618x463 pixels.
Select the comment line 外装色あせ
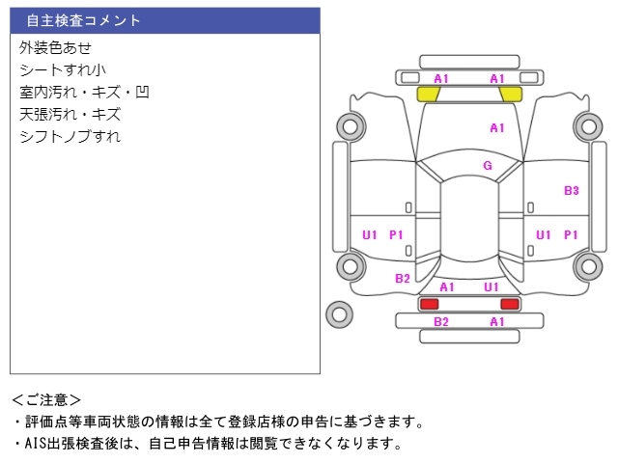(55, 47)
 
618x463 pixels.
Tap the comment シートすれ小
(63, 69)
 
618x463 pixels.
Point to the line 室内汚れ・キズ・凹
(84, 93)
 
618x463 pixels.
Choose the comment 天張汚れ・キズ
(70, 115)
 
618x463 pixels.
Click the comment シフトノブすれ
(70, 137)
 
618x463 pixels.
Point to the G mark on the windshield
(488, 166)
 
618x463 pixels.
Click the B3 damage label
(572, 191)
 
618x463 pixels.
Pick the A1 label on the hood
(497, 127)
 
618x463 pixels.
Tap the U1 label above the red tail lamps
(492, 287)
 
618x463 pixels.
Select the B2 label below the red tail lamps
(441, 322)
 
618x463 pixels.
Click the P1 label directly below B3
(572, 234)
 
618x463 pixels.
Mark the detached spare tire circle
(339, 313)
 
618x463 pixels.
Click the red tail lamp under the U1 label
(510, 304)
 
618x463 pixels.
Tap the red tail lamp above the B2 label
(428, 304)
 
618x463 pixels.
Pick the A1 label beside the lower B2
(497, 322)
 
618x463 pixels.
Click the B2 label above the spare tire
(403, 279)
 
